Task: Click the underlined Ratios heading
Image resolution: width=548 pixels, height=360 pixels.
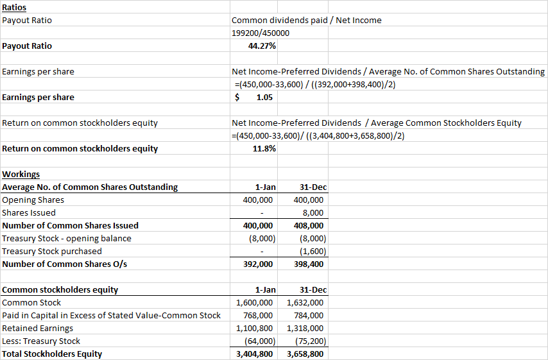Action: pyautogui.click(x=15, y=7)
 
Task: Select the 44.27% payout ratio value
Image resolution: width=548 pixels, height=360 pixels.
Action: pyautogui.click(x=262, y=46)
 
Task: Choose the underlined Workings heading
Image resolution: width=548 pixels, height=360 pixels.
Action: pyautogui.click(x=21, y=174)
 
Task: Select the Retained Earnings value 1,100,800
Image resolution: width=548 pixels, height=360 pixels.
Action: pyautogui.click(x=255, y=328)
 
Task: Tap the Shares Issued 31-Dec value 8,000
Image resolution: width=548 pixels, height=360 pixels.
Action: pyautogui.click(x=313, y=212)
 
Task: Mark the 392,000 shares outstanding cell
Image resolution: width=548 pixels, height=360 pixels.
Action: pyautogui.click(x=260, y=264)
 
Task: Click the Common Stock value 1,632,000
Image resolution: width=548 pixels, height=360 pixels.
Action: pyautogui.click(x=305, y=302)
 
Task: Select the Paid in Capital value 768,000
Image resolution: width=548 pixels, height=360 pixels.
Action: pyautogui.click(x=260, y=315)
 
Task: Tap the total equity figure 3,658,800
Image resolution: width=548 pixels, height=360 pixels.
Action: pyautogui.click(x=305, y=354)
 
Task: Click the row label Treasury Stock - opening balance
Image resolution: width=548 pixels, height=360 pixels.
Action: pyautogui.click(x=67, y=238)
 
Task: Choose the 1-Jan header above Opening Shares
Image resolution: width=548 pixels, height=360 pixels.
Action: pyautogui.click(x=265, y=187)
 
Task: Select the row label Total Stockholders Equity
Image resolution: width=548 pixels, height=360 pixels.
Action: pyautogui.click(x=52, y=354)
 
